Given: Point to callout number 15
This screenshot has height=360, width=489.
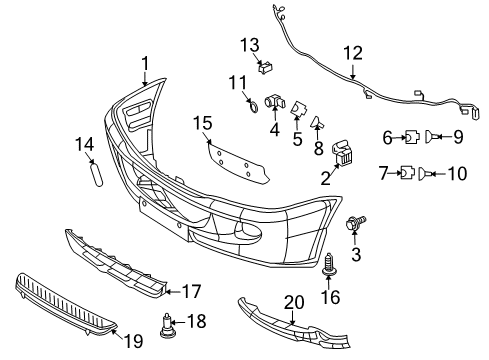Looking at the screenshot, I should point(204,123).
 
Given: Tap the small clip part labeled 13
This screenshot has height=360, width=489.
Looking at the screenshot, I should point(267,68).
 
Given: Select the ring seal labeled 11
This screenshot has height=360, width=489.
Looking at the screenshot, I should point(254,102).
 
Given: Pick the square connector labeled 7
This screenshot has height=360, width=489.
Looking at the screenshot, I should point(409,174).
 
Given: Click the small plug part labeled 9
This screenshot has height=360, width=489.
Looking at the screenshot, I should point(430,139).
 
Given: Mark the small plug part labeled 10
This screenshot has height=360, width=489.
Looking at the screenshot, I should point(430,174).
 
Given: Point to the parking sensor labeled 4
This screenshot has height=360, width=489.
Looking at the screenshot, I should point(275,103).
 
